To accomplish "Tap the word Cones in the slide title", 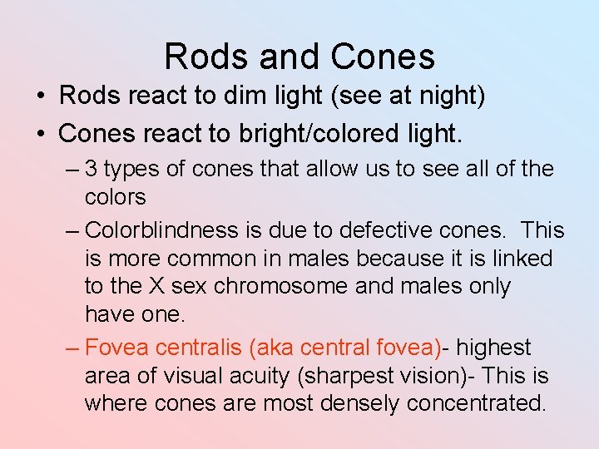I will (382, 57).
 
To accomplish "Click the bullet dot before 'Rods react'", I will (41, 96).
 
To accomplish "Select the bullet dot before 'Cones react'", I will (41, 133).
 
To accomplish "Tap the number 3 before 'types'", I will (91, 169).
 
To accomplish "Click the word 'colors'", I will (116, 197).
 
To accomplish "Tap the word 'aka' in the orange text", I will (275, 348).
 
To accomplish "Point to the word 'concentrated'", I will (476, 404).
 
